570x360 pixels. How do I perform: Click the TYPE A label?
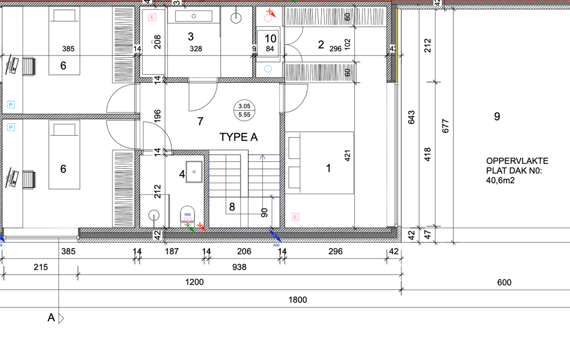click(x=238, y=137)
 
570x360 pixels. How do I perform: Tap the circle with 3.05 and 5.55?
click(x=244, y=110)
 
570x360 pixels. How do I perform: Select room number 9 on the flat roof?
click(x=497, y=116)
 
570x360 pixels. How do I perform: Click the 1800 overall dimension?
click(x=297, y=300)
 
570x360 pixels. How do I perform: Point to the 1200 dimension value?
click(x=194, y=282)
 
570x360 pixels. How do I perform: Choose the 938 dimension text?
click(x=239, y=267)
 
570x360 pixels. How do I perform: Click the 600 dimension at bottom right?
click(x=504, y=283)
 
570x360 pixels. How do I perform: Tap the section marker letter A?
click(x=51, y=318)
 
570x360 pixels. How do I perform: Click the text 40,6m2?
click(x=500, y=180)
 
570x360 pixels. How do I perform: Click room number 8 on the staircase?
click(x=232, y=207)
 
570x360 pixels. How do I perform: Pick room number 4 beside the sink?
click(x=182, y=174)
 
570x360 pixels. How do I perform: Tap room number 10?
click(x=271, y=39)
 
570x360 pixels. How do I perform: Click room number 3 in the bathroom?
click(x=190, y=36)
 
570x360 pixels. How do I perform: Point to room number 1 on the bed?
click(x=329, y=168)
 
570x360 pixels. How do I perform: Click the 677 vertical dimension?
click(x=446, y=126)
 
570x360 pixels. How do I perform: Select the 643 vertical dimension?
click(x=411, y=117)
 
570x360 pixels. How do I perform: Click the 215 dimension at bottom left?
click(x=41, y=267)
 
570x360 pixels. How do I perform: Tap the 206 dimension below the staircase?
click(x=244, y=251)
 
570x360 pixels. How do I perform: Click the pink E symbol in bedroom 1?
click(x=295, y=217)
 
